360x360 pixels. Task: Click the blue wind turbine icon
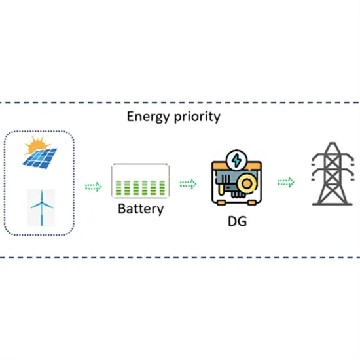(x=40, y=209)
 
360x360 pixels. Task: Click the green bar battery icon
(x=139, y=181)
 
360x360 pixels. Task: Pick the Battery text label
(x=139, y=209)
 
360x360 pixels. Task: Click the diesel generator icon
(x=234, y=180)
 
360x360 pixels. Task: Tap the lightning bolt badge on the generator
(x=234, y=160)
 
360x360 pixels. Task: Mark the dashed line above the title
(x=180, y=102)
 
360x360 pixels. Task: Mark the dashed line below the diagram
(x=180, y=257)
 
